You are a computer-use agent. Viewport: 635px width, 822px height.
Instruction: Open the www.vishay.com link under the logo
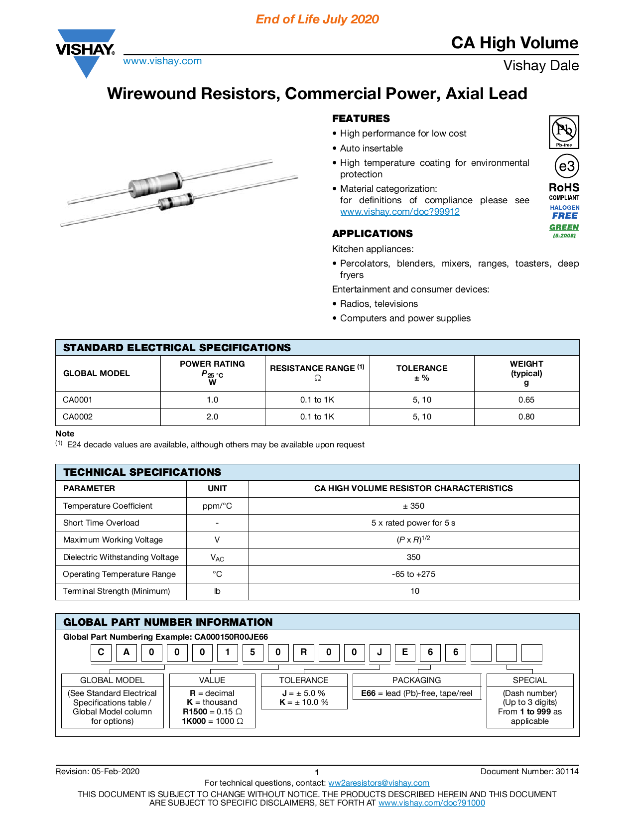162,61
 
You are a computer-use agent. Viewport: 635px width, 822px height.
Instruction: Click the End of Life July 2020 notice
317,19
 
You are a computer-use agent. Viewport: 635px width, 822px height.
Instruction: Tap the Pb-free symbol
564,132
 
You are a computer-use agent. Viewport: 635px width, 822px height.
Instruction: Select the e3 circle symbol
567,166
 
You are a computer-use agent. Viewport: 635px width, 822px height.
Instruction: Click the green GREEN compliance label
564,227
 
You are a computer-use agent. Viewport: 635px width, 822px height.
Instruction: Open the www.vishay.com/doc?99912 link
400,212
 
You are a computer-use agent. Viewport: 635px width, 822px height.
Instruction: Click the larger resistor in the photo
155,182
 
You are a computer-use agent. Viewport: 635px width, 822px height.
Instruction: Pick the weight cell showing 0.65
526,400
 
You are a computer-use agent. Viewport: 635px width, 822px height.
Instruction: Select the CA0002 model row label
78,417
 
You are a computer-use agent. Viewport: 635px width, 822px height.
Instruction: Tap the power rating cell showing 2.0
212,417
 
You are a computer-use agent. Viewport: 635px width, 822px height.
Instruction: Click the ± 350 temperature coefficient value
413,506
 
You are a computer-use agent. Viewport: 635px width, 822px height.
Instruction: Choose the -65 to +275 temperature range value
413,574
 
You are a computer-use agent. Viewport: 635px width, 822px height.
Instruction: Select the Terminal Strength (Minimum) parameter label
117,591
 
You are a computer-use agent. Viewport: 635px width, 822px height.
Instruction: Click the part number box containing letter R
303,653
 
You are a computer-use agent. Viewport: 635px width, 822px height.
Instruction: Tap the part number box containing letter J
380,653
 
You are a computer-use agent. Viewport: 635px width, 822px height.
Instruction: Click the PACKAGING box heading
416,681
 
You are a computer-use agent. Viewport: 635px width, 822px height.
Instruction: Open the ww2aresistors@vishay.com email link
379,783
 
